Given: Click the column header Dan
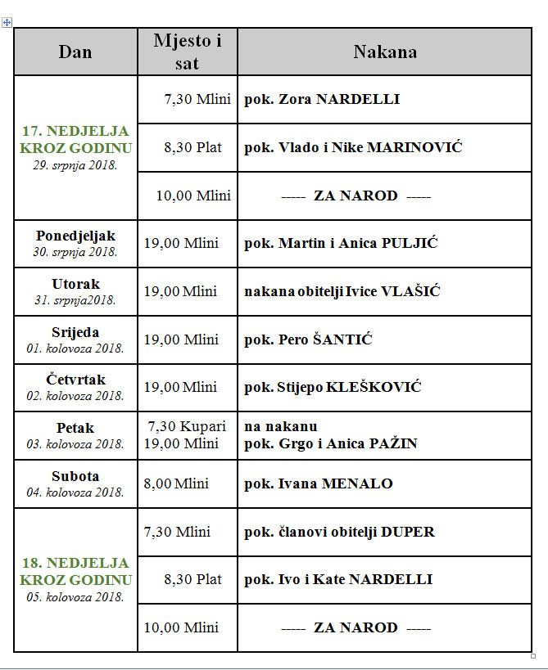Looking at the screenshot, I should point(75,52).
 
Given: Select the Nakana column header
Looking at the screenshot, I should point(384,52).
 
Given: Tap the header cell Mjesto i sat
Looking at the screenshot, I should point(188,52).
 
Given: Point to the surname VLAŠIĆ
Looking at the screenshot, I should point(411,291).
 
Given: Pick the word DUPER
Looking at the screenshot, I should point(408,532).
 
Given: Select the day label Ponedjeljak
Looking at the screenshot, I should point(75,236).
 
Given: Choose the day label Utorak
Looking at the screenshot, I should point(75,284).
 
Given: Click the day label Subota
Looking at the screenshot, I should point(75,476).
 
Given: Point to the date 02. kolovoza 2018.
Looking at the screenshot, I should point(75,396).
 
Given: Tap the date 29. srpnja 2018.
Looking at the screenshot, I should point(75,164).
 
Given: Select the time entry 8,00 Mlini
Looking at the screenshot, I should point(181,483).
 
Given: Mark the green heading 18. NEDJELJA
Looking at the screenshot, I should point(75,563).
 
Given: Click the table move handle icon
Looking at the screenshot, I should point(7,23).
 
